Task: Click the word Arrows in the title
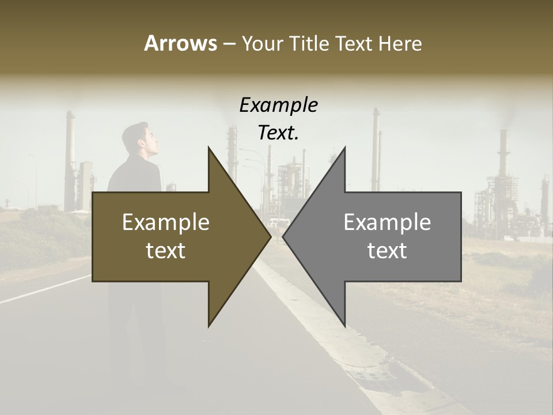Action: (x=180, y=43)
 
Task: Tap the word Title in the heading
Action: (x=309, y=43)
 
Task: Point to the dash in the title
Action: (x=229, y=44)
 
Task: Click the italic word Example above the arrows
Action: (x=278, y=105)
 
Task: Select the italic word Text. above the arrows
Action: (x=278, y=133)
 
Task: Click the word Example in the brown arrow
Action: (x=166, y=222)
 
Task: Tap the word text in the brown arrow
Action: (x=166, y=251)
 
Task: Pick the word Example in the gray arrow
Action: (x=387, y=222)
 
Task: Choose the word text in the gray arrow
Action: (x=387, y=251)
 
